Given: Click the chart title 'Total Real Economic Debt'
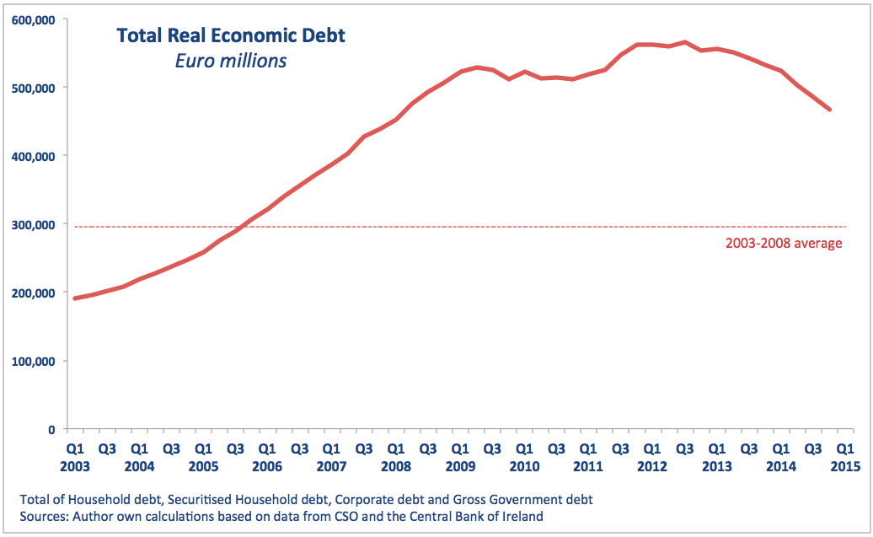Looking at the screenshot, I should [x=231, y=35].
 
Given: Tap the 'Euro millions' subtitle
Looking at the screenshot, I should [x=230, y=61].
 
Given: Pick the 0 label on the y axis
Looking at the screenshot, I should [x=52, y=429].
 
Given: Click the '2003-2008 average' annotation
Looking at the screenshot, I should [x=783, y=244].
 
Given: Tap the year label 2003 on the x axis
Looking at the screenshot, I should [x=75, y=465].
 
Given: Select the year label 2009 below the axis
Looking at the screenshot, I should [x=460, y=465].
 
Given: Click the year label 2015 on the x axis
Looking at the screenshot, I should [x=845, y=465].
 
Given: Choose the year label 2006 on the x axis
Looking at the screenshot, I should [x=267, y=465].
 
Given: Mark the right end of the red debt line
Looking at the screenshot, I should [x=830, y=109].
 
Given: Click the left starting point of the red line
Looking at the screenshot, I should [x=75, y=298].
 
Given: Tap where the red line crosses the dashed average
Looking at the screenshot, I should [x=246, y=226].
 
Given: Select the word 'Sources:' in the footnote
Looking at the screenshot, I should [x=44, y=515].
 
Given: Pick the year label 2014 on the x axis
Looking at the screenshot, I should [x=781, y=465].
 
